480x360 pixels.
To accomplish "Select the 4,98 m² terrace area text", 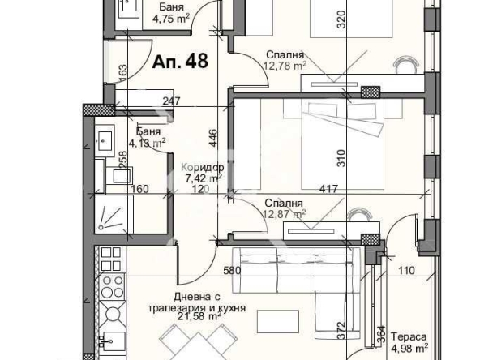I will (x=409, y=349).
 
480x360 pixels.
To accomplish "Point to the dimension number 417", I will (x=328, y=191).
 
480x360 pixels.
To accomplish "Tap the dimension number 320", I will (x=341, y=23).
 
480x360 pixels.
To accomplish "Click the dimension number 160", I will (x=141, y=191).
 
